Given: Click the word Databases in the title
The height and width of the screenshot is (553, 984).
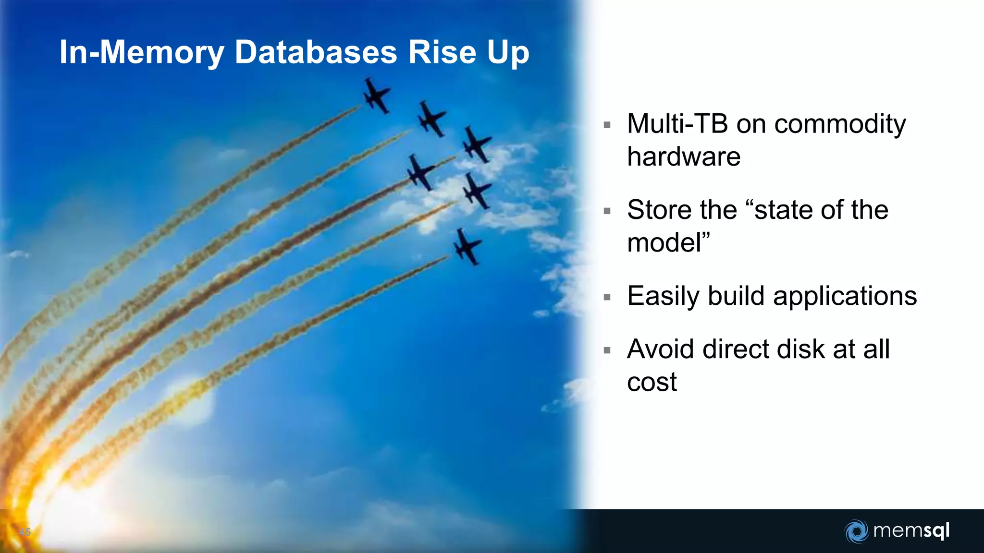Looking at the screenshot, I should pos(316,52).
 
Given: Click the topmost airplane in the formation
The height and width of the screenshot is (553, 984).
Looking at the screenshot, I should pos(376,96).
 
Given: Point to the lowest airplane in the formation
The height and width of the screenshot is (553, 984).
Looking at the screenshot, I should pos(466,247).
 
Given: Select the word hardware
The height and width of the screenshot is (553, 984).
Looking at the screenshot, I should pos(683,157).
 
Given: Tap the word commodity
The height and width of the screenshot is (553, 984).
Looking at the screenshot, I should pos(839,125).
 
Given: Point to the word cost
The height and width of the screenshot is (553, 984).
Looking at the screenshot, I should pos(652,383).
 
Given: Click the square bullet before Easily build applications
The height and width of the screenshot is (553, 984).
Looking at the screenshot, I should pos(607,297).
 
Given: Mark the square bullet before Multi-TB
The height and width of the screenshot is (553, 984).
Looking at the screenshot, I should pos(607,125).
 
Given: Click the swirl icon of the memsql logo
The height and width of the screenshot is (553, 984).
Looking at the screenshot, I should pos(856,531).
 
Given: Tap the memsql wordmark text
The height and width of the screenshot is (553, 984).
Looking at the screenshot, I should pos(911,531).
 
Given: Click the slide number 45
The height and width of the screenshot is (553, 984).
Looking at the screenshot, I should pos(25,532).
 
